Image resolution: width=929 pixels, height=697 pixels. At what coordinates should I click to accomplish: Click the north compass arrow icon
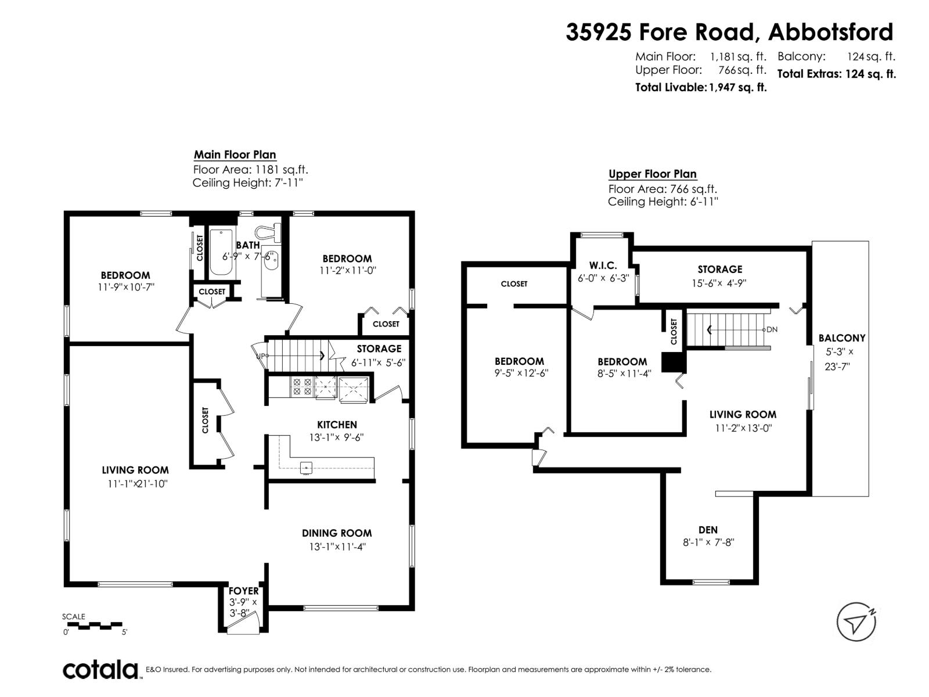(x=856, y=622)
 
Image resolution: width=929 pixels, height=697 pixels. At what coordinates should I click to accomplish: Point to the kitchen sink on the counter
(x=306, y=468)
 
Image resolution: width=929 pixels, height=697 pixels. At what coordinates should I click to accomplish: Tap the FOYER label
(x=243, y=591)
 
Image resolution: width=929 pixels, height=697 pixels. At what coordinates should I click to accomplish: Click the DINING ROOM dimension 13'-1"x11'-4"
(x=337, y=547)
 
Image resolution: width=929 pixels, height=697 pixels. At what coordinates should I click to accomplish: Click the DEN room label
(x=708, y=530)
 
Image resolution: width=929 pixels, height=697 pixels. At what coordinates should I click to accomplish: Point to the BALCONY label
(x=841, y=338)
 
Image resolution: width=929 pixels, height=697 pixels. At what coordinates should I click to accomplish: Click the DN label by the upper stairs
(x=772, y=329)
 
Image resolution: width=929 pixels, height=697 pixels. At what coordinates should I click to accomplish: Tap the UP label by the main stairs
(x=261, y=355)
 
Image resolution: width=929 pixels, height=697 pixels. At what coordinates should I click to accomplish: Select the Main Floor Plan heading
(x=235, y=155)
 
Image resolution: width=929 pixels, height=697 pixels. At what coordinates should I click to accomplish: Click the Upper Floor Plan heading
(x=652, y=174)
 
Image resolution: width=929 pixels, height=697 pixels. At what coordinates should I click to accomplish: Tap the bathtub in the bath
(x=221, y=253)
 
